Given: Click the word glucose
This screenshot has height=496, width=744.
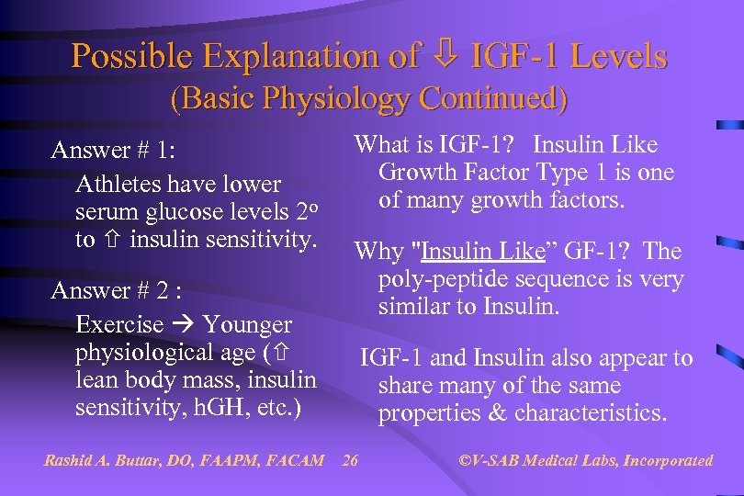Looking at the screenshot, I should click(x=188, y=212).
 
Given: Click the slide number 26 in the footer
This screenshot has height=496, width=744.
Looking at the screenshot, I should click(x=350, y=460).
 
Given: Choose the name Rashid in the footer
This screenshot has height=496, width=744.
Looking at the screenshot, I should click(x=69, y=460).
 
